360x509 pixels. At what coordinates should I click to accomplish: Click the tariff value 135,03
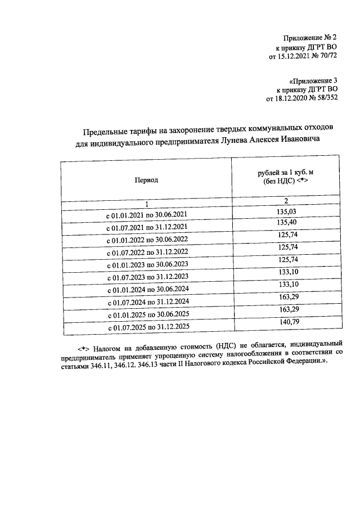point(287,211)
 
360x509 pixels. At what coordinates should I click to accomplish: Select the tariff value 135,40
point(287,223)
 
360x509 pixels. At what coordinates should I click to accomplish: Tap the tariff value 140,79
point(287,322)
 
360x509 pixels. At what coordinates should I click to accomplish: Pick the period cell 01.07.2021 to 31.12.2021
point(146,228)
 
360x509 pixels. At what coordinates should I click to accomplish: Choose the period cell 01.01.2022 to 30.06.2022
point(146,241)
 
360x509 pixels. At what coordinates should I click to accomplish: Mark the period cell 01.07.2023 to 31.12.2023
point(146,278)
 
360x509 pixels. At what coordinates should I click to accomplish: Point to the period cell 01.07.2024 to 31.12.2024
point(146,303)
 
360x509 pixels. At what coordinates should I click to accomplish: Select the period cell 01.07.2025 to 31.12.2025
point(146,327)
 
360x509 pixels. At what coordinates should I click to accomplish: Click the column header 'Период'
point(146,181)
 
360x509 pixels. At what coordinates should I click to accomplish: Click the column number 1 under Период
point(146,204)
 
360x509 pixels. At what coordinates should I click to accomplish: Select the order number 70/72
point(326,56)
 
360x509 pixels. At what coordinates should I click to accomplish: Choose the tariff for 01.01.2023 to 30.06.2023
point(287,260)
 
